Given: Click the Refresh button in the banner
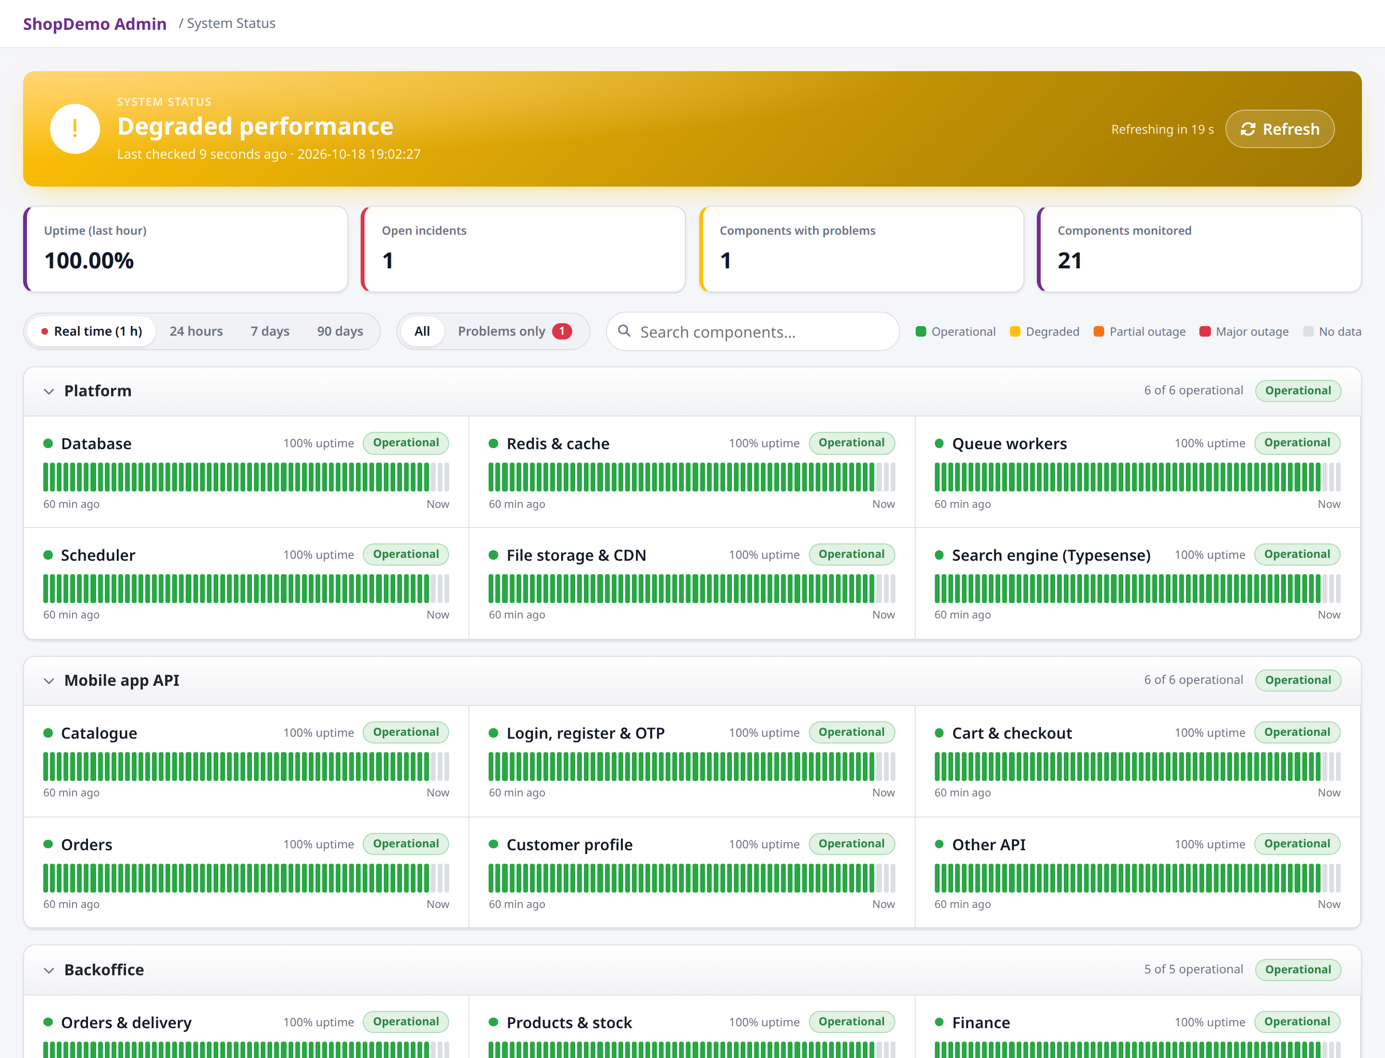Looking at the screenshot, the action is (x=1279, y=129).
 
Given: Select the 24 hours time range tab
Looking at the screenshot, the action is (x=196, y=331).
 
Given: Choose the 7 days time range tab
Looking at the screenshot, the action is (x=270, y=331).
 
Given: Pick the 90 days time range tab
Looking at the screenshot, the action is (x=340, y=331).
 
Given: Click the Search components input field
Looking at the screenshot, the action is (x=753, y=331).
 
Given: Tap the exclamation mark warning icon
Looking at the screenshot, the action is (x=75, y=129).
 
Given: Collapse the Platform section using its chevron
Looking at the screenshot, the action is (x=49, y=391).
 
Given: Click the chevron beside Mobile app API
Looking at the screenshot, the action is (x=49, y=681).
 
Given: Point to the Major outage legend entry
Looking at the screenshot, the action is (x=1244, y=331).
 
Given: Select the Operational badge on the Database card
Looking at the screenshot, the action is (x=405, y=443).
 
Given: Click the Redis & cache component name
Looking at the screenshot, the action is (x=558, y=443).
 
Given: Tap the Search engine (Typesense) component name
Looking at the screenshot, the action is (x=1051, y=555).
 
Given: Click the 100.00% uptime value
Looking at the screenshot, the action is (x=89, y=261).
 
